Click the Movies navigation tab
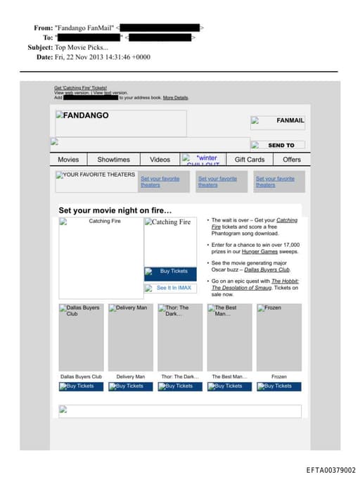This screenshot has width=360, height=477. click(x=68, y=160)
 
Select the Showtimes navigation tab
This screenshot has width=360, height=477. click(x=113, y=160)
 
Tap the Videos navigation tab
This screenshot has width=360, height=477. click(x=160, y=160)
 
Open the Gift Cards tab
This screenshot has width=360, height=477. click(x=249, y=160)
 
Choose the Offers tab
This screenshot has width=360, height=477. click(x=291, y=160)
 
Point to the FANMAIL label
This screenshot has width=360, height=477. click(x=290, y=120)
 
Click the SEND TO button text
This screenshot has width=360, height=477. click(x=281, y=146)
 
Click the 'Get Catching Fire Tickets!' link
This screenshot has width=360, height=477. click(x=80, y=88)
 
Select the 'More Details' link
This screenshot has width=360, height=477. click(x=176, y=98)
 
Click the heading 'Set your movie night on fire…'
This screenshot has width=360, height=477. click(x=115, y=210)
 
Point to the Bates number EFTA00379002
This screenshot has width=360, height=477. click(x=330, y=470)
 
